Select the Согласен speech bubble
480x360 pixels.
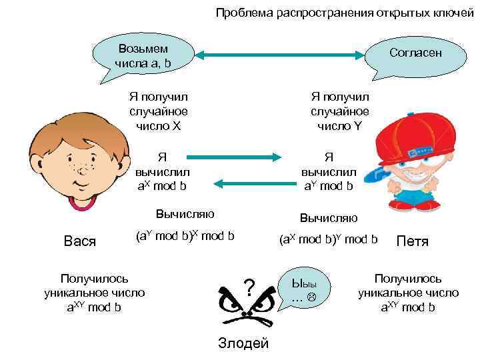(415, 53)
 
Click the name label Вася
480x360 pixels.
(79, 240)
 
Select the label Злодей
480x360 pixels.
(243, 343)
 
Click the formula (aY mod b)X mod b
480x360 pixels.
(185, 235)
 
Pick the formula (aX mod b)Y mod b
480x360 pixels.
(329, 238)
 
